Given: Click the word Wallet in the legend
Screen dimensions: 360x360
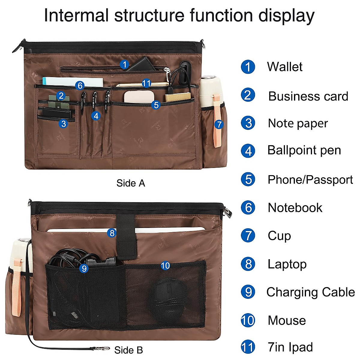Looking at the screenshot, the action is (x=285, y=67).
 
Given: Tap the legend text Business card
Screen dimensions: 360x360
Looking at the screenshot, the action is (x=308, y=96).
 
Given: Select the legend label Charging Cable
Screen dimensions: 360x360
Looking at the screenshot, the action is (x=310, y=292).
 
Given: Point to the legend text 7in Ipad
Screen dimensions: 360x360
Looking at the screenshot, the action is (x=290, y=347).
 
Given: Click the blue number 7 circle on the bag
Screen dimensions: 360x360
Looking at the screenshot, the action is (x=219, y=124).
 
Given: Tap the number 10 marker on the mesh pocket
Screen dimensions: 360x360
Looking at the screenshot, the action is (x=165, y=265).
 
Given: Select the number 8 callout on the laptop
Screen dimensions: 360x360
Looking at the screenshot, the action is (x=112, y=233).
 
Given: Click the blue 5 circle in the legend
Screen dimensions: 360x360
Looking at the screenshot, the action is (x=248, y=179).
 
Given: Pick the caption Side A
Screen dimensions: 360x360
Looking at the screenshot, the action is (x=130, y=183).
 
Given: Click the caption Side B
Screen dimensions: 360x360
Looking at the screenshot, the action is (x=128, y=350).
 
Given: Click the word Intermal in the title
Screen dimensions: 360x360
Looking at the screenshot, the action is (x=76, y=16).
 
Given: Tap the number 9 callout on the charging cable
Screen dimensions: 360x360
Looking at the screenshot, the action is (x=84, y=268).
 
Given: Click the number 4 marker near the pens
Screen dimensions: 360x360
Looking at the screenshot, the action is (x=96, y=115).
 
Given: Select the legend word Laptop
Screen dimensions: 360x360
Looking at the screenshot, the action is (x=287, y=264).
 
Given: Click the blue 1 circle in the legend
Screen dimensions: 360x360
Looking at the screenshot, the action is (x=248, y=67).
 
